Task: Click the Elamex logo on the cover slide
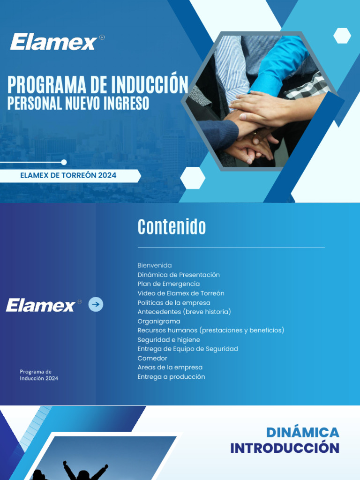pos(53,42)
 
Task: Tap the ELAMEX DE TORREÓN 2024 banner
pos(68,176)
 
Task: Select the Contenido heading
pos(172,227)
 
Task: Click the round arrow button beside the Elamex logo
pos(96,305)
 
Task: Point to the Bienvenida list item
pos(154,265)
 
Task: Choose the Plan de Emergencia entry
pos(168,284)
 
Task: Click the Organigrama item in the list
pos(158,321)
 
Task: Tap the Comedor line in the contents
pos(152,358)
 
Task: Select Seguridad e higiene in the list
pos(168,340)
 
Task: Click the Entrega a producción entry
pos(171,377)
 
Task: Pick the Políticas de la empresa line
pos(173,303)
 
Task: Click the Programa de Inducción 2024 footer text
pos(39,375)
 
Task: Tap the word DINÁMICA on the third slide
pos(302,432)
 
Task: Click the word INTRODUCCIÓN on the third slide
pos(285,448)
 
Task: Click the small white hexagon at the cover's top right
pos(342,36)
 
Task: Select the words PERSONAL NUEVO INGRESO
pos(78,103)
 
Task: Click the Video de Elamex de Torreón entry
pos(180,293)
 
